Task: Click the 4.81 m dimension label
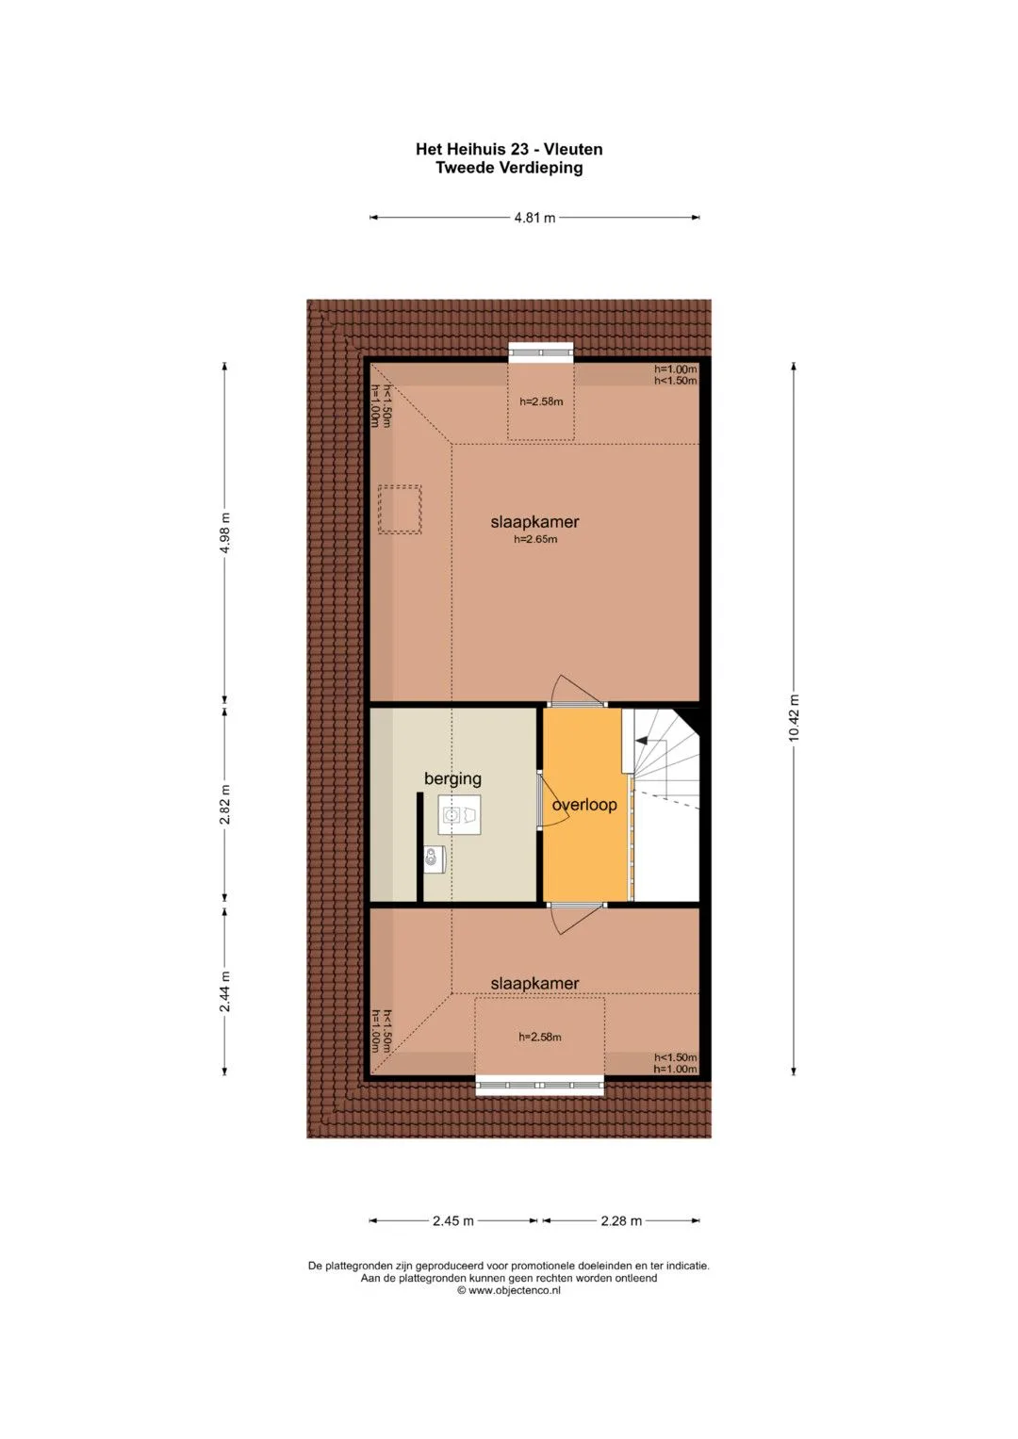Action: coord(534,218)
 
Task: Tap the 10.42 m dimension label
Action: coord(794,717)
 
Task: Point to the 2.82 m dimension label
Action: coord(224,807)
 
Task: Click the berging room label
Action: coord(452,779)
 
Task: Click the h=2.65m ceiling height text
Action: coord(535,539)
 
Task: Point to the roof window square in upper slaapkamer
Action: coord(400,510)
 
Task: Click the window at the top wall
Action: coord(540,351)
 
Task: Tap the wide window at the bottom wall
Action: coord(540,1087)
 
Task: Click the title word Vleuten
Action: coord(573,150)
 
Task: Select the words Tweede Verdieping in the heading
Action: coord(509,168)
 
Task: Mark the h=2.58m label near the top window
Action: coord(541,402)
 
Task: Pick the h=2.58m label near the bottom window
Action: coord(540,1037)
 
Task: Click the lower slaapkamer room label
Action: coord(534,983)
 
